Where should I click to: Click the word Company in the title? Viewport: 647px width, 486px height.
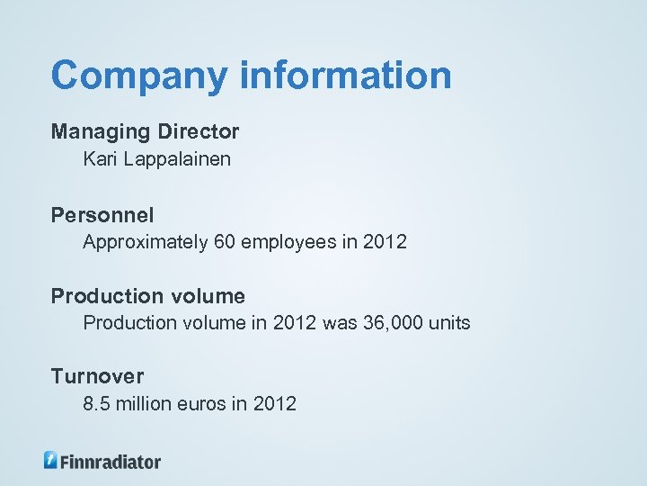[140, 76]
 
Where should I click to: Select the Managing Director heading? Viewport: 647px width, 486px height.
[146, 131]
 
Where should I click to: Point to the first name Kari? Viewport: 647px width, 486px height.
[99, 159]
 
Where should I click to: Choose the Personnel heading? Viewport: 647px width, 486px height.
[102, 215]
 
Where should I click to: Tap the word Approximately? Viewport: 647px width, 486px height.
[145, 243]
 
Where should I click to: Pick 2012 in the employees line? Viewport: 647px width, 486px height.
[387, 242]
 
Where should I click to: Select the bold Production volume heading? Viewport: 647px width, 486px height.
[148, 296]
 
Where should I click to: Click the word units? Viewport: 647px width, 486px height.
[452, 323]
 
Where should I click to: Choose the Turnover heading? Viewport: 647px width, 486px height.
[97, 376]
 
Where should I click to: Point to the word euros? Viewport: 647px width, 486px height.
[203, 404]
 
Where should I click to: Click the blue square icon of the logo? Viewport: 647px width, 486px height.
[51, 460]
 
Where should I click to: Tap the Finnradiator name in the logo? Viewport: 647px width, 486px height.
[111, 462]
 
